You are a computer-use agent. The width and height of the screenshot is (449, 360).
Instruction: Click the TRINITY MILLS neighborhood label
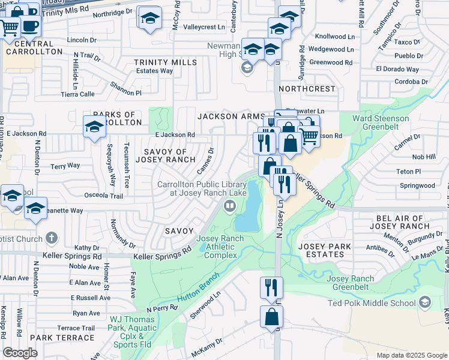pyautogui.click(x=165, y=62)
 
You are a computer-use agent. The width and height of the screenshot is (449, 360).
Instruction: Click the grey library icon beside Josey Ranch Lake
pyautogui.click(x=229, y=207)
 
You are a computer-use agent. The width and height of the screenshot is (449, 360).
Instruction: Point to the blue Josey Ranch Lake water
pyautogui.click(x=250, y=210)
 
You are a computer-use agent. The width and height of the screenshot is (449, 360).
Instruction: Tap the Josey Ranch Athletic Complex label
pyautogui.click(x=220, y=246)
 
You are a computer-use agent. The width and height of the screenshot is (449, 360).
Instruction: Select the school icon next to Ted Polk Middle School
pyautogui.click(x=426, y=301)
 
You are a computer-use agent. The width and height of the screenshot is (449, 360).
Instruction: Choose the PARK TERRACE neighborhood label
pyautogui.click(x=62, y=338)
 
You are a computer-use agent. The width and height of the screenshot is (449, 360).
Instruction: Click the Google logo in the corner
pyautogui.click(x=20, y=352)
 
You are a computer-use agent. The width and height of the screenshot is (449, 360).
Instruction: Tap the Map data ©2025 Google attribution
pyautogui.click(x=411, y=355)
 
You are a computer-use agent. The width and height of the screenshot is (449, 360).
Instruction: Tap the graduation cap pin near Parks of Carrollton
pyautogui.click(x=94, y=127)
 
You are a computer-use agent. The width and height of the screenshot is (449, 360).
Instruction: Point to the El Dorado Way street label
pyautogui.click(x=397, y=69)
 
